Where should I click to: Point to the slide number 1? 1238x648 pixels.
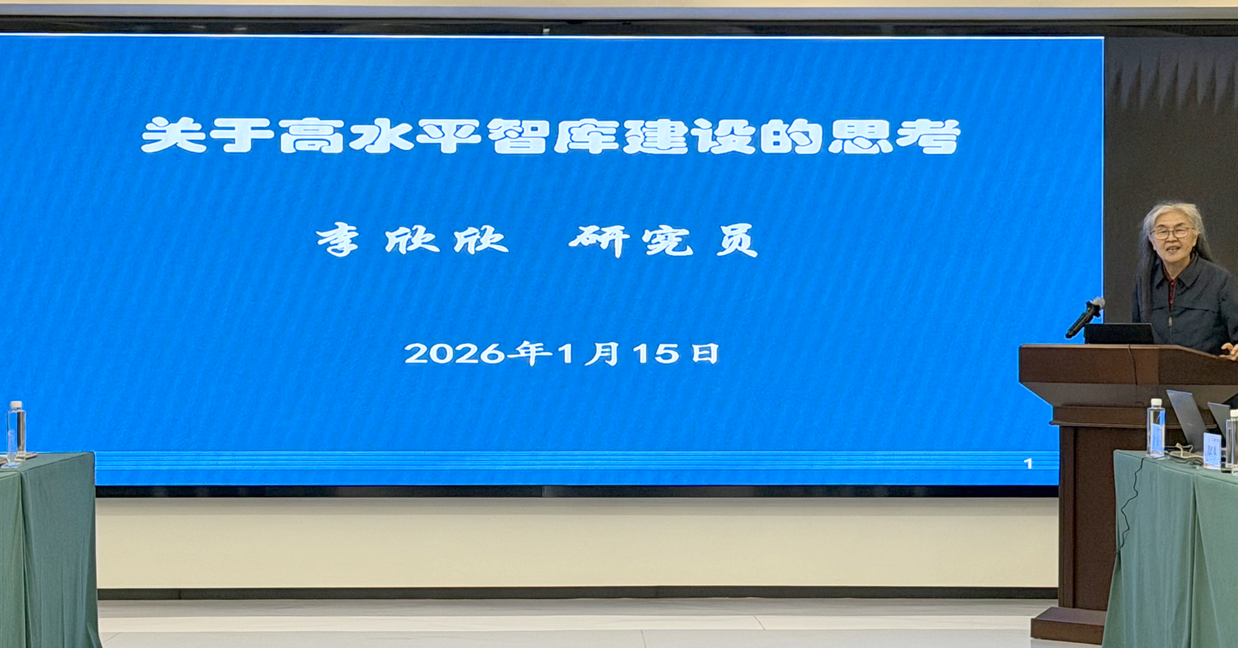point(1028,463)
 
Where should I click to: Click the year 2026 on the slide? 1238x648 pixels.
point(454,354)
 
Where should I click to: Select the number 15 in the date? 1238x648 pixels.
point(656,354)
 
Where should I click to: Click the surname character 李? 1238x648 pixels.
point(338,240)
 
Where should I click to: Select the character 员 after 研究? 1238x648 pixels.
point(736,240)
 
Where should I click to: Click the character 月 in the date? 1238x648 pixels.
point(603,354)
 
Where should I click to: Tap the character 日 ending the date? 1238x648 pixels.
point(705,354)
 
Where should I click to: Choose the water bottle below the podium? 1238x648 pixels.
point(1155,428)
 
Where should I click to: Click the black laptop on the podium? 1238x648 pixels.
point(1119,333)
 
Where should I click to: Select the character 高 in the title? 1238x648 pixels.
point(311,136)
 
